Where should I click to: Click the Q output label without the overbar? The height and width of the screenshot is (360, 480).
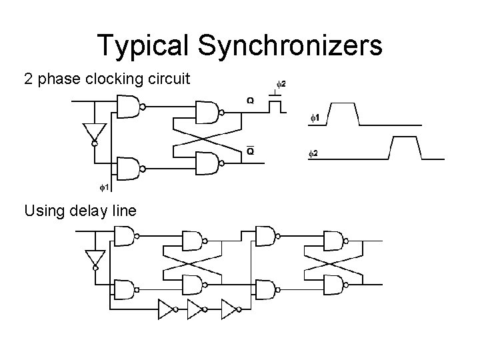tap(249, 101)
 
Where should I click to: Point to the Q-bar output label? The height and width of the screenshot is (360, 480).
tap(249, 151)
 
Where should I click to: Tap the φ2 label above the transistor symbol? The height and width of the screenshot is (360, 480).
tap(281, 84)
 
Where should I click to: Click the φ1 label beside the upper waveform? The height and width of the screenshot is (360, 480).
tap(314, 118)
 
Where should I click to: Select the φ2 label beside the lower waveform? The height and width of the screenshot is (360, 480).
tap(313, 154)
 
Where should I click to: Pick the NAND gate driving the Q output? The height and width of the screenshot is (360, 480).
tap(207, 112)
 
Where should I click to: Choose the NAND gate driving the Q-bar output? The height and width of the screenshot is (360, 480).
tap(207, 162)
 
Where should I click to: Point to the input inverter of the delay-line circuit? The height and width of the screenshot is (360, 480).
tap(94, 257)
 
